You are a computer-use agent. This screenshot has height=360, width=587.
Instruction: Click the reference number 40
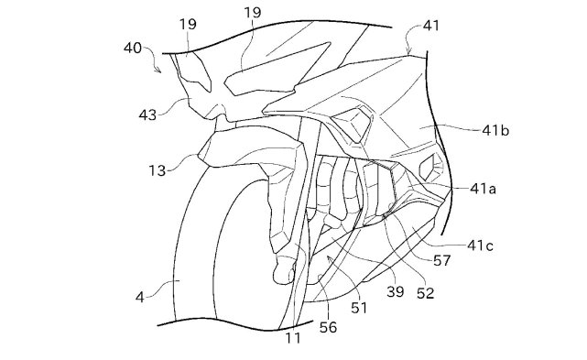[x=133, y=48]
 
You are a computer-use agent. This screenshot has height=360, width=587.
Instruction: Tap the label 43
[x=147, y=115]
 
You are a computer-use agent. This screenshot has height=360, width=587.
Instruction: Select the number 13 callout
[x=158, y=170]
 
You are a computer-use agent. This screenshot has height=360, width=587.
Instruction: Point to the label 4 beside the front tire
[x=139, y=298]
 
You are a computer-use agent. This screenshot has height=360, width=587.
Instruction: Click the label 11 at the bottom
[x=293, y=338]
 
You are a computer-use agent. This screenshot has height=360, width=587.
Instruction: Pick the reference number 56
[x=328, y=327]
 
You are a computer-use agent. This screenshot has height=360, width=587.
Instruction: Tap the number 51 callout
[x=359, y=308]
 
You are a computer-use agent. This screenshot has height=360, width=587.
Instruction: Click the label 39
[x=396, y=291]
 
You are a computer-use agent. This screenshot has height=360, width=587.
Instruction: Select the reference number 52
[x=425, y=293]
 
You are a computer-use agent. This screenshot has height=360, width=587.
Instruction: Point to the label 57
[x=442, y=260]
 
